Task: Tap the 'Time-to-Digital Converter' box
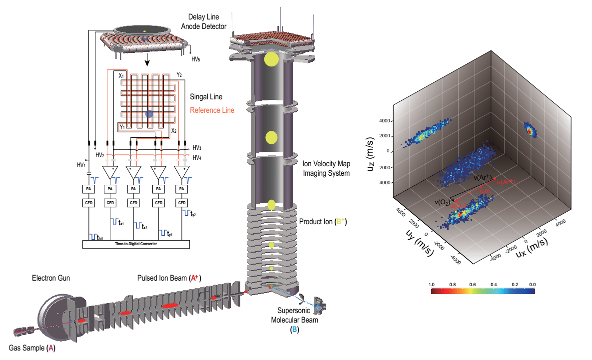(136, 244)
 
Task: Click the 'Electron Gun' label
(50, 277)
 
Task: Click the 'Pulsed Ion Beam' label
(169, 278)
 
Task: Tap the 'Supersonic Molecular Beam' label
(298, 316)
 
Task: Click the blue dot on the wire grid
(149, 114)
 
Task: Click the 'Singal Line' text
(206, 97)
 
